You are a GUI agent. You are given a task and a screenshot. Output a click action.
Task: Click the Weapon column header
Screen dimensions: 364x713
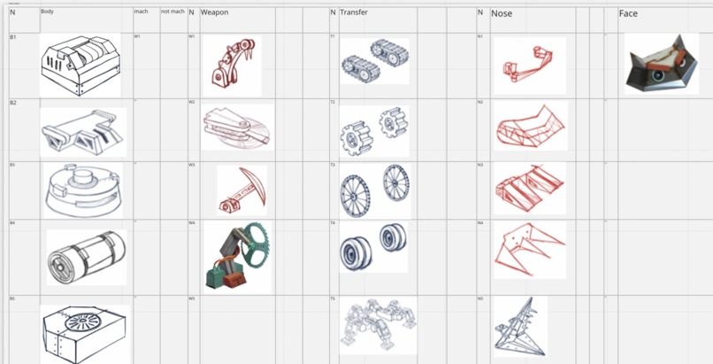[x=215, y=12]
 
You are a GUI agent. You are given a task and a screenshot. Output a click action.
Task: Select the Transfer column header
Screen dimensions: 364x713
[x=354, y=12]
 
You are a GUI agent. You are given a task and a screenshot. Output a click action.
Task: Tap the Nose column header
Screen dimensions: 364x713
[x=502, y=13]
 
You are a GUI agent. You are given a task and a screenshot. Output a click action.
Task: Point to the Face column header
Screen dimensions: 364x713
[x=628, y=13]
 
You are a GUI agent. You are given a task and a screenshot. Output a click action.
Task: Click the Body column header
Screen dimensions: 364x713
[x=48, y=12]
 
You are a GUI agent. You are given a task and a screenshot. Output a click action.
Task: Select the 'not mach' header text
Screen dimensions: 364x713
[x=172, y=12]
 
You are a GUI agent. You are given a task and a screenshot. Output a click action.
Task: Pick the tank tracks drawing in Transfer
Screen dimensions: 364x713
[x=374, y=60]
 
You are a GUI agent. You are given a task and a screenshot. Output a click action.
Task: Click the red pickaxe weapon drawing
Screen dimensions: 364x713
[x=241, y=190]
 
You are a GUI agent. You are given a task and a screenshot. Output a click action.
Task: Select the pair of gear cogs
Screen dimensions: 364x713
[x=374, y=130]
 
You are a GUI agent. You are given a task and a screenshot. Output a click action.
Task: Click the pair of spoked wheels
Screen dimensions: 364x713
[x=374, y=190]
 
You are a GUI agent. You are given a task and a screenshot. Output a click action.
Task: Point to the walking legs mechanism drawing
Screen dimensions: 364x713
[x=378, y=323]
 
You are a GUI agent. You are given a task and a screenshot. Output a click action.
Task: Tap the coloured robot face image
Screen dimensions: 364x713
[x=661, y=65]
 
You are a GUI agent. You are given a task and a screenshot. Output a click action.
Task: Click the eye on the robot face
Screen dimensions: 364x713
[x=659, y=76]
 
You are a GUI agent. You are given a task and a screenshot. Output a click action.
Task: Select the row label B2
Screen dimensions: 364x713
[x=13, y=103]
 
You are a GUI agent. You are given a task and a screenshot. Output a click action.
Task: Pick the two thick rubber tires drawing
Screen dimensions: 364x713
[x=374, y=246]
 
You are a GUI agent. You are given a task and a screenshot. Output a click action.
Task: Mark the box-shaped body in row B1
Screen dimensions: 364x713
[x=80, y=64]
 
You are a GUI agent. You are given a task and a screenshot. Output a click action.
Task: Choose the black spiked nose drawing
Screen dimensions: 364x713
[x=519, y=326]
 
